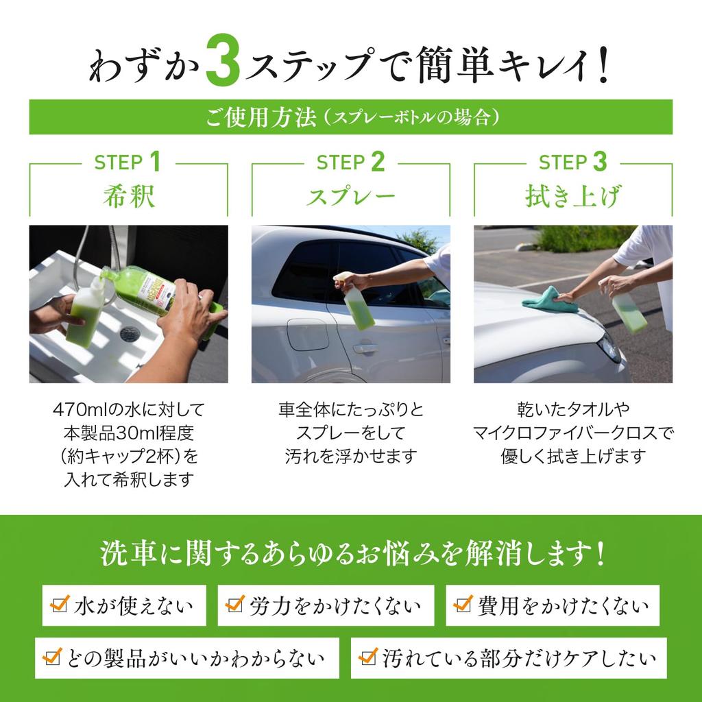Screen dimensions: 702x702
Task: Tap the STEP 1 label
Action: tap(128, 163)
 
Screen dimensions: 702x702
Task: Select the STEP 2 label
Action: tap(350, 163)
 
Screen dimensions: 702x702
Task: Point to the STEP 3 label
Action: tap(573, 163)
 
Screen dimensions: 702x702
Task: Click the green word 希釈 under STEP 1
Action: tap(128, 196)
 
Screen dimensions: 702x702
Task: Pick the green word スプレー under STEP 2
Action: tap(350, 197)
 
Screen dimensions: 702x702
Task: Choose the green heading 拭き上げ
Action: tap(573, 197)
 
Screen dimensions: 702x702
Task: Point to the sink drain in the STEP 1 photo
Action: tap(130, 333)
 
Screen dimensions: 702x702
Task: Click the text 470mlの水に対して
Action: tap(129, 411)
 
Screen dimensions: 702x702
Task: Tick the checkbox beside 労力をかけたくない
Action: tap(235, 604)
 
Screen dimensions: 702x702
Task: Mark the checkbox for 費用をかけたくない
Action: tap(463, 604)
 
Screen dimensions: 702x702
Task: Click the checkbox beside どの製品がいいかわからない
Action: tap(51, 657)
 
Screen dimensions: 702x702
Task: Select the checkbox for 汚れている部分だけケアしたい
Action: tap(368, 657)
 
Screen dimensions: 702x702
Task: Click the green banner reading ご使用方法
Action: tap(350, 117)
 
